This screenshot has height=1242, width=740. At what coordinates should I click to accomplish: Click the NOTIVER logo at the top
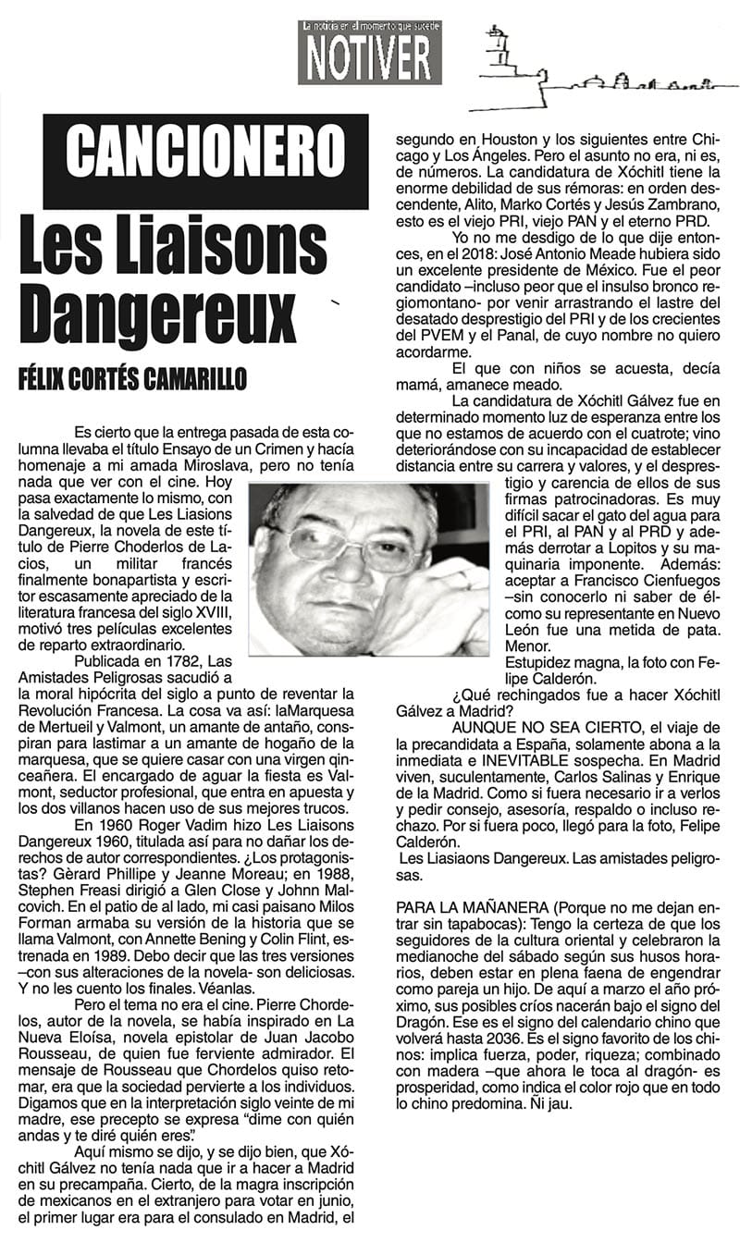pyautogui.click(x=369, y=53)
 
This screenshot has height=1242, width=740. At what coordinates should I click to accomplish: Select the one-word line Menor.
pyautogui.click(x=525, y=647)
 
